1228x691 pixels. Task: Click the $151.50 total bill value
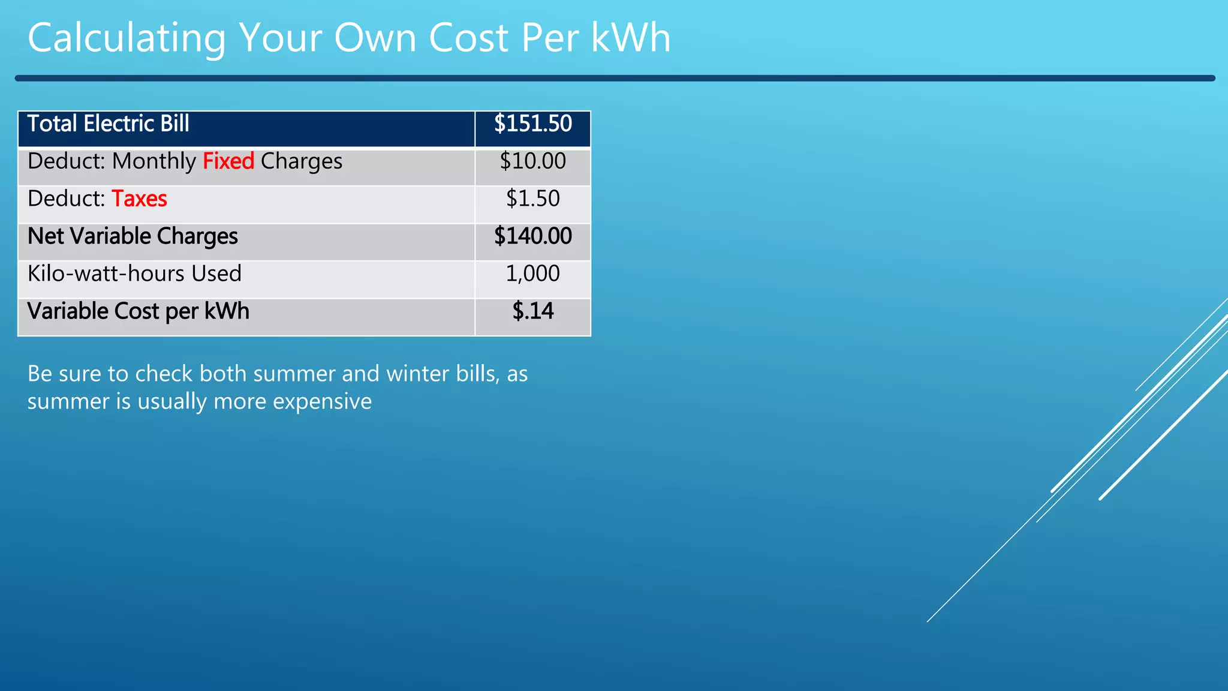pos(532,124)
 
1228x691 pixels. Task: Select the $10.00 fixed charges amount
pos(532,161)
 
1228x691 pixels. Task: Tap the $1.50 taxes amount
pos(532,199)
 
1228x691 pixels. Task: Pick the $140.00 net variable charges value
pos(532,236)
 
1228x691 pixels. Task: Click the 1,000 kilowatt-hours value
pos(532,274)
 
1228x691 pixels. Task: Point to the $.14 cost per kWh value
pos(532,311)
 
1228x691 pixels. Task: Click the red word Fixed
pos(228,161)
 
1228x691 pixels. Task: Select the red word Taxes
pos(139,199)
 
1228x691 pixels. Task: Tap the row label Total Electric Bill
pos(109,124)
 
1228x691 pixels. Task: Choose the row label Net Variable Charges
pos(133,236)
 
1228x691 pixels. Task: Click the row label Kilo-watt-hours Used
pos(134,274)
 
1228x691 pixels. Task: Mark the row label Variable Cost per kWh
pos(138,311)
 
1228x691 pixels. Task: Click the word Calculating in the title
pos(127,38)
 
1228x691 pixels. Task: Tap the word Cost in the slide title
pos(468,38)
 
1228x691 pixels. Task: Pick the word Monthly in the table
pos(154,161)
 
